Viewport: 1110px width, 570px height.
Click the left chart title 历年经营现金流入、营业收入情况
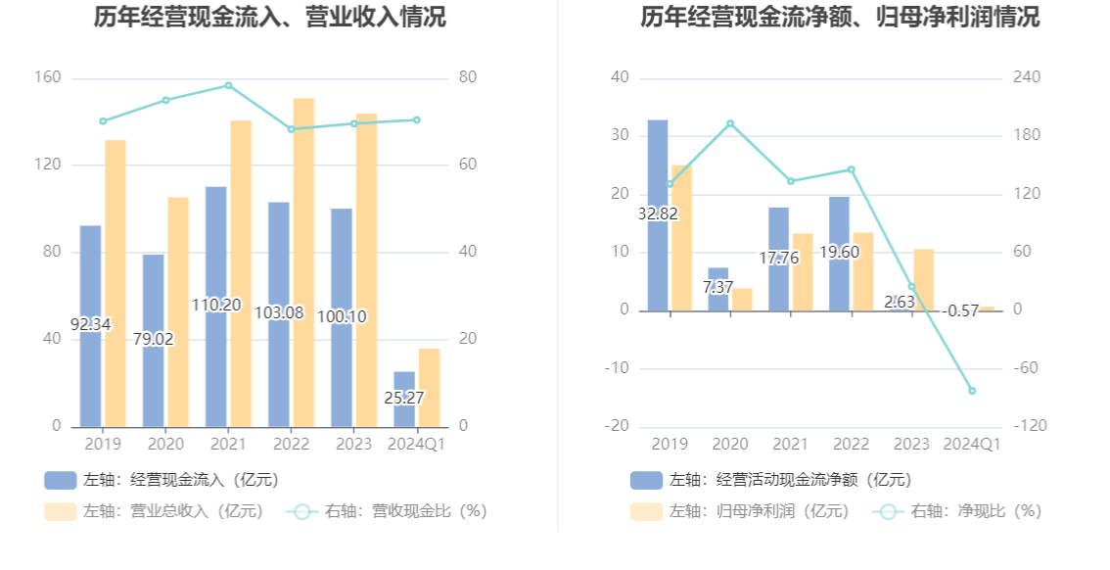click(269, 18)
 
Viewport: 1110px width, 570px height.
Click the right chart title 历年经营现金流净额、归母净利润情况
click(840, 18)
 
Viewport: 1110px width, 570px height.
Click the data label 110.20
click(215, 305)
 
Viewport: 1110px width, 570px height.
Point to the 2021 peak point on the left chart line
click(228, 85)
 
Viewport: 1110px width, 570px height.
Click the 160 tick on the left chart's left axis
click(49, 77)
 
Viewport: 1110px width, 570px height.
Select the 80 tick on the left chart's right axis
click(468, 77)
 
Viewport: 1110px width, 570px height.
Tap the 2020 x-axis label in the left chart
click(165, 445)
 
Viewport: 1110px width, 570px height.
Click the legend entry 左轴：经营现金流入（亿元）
click(161, 480)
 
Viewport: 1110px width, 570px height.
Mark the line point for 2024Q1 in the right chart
click(972, 391)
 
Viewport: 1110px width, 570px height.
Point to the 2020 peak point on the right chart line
click(730, 123)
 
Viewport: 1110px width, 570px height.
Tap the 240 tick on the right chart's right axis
click(1027, 77)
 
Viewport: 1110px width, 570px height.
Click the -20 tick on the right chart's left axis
click(617, 426)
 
